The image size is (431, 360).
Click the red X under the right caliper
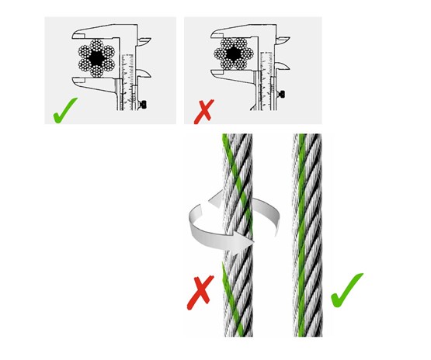click(x=203, y=112)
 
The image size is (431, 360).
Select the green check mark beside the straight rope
click(x=347, y=290)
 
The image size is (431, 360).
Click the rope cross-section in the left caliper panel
click(x=96, y=57)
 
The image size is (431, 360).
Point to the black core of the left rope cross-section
click(x=96, y=57)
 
